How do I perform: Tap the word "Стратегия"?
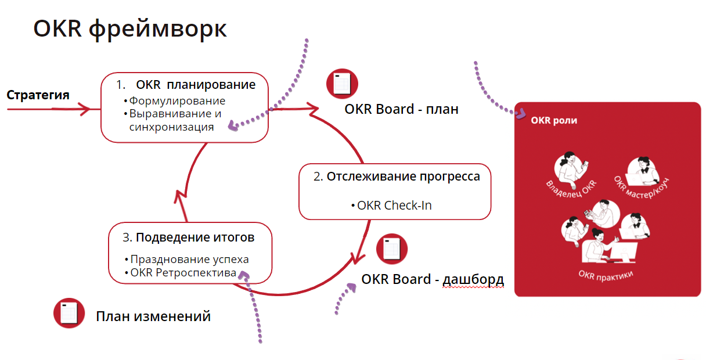click(38, 95)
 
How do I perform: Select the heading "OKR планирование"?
click(196, 85)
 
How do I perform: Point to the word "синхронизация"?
click(171, 127)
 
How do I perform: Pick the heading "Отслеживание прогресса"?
click(403, 177)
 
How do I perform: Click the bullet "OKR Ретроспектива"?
click(183, 272)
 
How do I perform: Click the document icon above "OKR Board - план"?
click(342, 84)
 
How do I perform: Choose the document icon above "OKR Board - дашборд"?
click(392, 249)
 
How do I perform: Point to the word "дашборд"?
click(473, 279)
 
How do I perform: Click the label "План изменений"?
click(153, 316)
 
